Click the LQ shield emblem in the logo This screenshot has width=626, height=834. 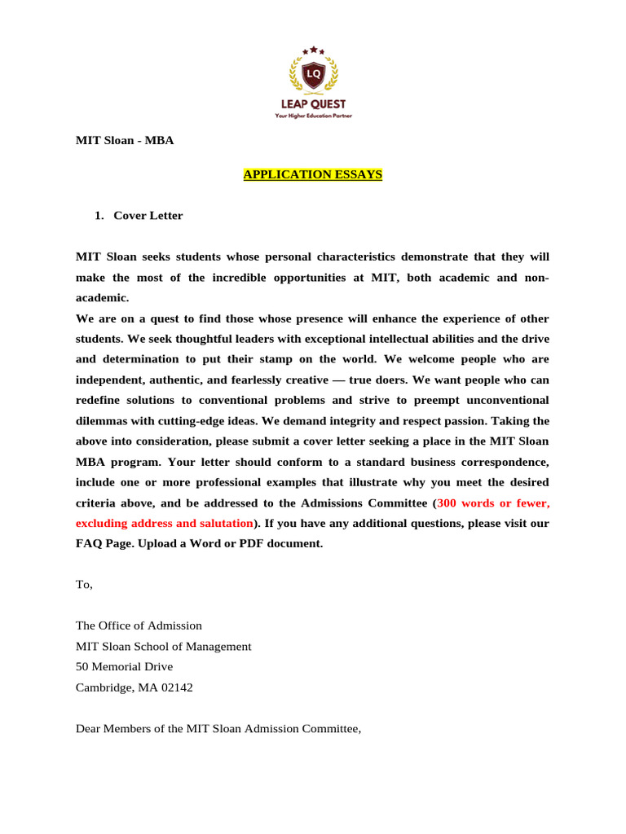tap(313, 75)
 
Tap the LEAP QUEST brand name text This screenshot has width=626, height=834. tap(313, 104)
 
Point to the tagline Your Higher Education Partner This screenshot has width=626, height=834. tap(313, 116)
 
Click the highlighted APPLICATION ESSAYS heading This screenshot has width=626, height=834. tap(313, 174)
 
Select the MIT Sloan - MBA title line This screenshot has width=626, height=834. tap(125, 140)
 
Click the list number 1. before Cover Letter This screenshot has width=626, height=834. tap(99, 216)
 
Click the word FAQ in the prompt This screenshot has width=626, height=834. tap(89, 543)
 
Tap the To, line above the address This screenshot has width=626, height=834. tap(85, 585)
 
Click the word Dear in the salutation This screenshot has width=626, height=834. tap(89, 728)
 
